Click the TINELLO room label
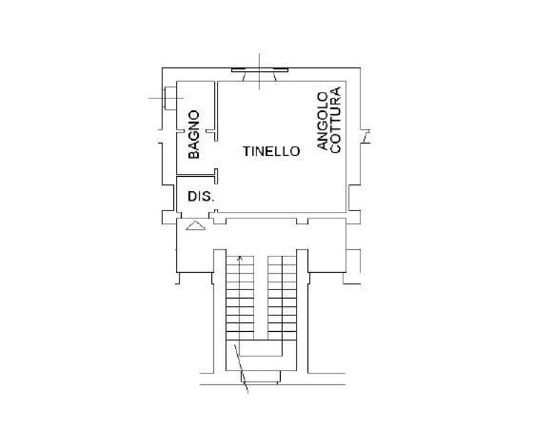271,152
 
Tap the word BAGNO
194,134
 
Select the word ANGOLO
322,121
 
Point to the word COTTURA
335,120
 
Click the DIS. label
201,196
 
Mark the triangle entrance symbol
195,226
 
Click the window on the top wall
260,70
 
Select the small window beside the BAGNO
169,98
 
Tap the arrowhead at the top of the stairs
240,259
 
